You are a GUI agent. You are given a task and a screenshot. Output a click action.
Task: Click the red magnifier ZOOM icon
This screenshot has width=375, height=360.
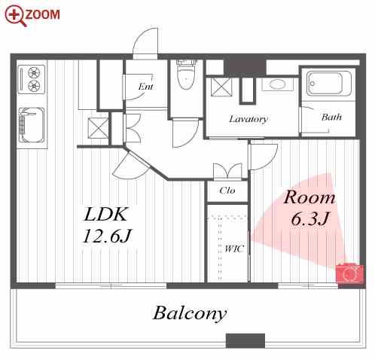click(15, 16)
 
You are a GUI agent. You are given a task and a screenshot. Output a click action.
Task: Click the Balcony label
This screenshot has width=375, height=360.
click(190, 314)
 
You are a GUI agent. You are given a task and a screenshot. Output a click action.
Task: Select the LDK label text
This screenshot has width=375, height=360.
click(105, 215)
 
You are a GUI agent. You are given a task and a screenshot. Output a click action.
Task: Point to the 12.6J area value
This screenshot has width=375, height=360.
click(107, 236)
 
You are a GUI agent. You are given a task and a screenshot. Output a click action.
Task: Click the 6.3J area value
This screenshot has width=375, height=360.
click(309, 218)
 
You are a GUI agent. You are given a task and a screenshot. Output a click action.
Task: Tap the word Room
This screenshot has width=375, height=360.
click(309, 197)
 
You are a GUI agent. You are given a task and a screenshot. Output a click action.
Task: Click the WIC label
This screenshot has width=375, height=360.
click(234, 249)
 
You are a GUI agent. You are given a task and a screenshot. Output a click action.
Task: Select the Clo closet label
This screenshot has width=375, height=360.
click(227, 191)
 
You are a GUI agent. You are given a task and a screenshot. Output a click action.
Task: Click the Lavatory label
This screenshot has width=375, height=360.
click(248, 119)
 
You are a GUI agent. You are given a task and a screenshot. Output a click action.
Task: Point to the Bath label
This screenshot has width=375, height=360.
click(331, 117)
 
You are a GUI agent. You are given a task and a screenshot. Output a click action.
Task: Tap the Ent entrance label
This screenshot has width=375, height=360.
click(146, 87)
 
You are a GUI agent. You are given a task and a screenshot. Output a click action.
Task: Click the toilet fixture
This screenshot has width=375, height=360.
click(186, 75)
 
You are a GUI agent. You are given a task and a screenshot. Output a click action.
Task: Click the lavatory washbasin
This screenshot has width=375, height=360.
click(277, 84)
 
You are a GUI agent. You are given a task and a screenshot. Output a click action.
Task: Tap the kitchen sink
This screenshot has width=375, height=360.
click(32, 125)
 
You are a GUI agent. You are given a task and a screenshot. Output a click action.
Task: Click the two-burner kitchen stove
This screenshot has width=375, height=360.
click(32, 79)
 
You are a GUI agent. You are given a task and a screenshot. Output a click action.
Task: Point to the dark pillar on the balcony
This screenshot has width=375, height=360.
click(245, 340)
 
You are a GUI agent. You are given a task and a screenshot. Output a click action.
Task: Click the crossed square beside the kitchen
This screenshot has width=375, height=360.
click(98, 128)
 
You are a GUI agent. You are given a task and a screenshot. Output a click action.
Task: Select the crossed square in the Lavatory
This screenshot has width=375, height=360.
click(221, 87)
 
